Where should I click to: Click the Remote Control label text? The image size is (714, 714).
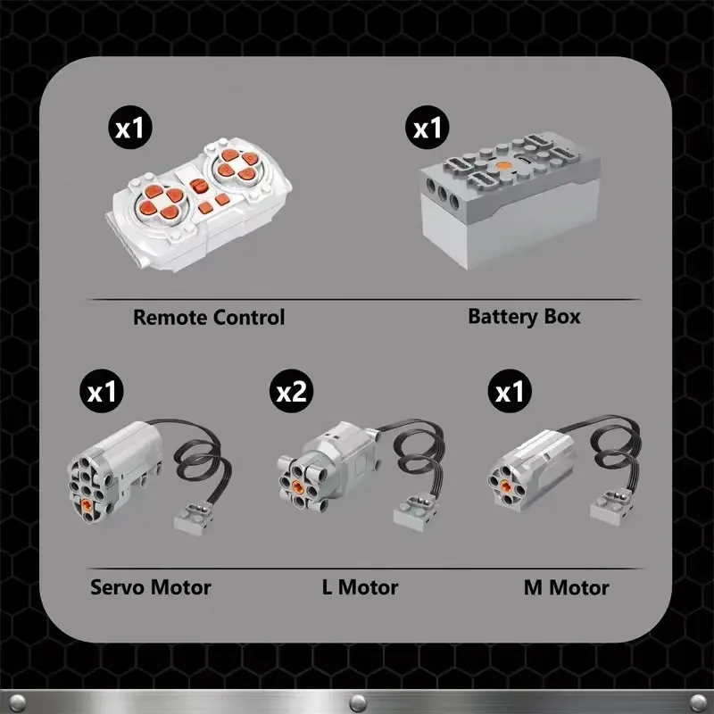pos(209,317)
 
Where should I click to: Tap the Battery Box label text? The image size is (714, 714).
pos(524,316)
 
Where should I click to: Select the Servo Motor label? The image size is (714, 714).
pos(151,587)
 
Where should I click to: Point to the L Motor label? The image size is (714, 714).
pos(360,587)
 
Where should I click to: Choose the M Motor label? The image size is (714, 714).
pos(566,587)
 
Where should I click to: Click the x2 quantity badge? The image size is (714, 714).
pos(291,392)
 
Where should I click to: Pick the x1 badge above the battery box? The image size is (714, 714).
pos(428,128)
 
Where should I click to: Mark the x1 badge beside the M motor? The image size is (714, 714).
pos(509,392)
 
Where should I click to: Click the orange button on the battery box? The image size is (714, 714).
pos(505,166)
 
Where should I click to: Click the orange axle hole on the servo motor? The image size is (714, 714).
pos(87,505)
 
